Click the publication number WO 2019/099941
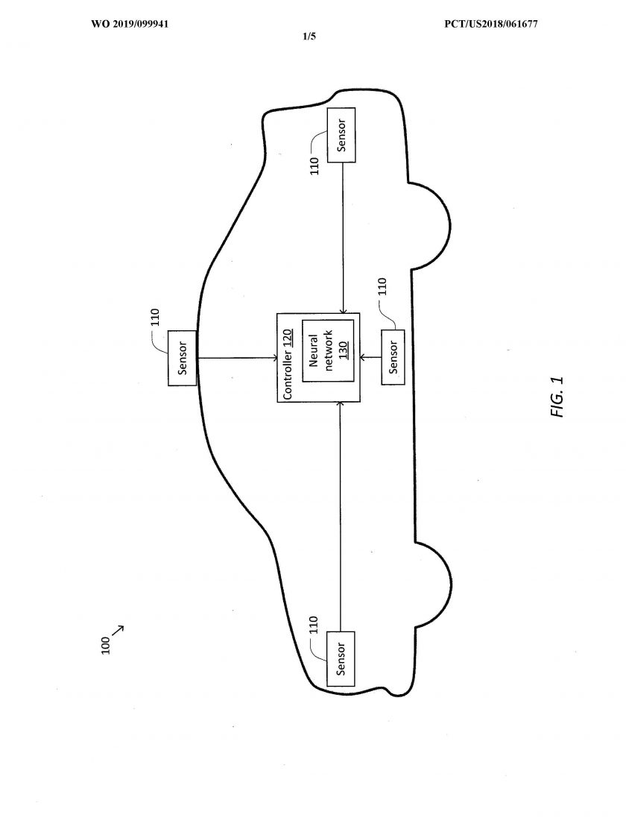click(130, 24)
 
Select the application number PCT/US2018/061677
click(491, 24)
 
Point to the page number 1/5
click(309, 37)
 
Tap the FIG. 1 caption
click(557, 397)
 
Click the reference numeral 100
click(105, 645)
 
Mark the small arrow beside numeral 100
click(118, 631)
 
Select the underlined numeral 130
click(344, 350)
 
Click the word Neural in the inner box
click(314, 350)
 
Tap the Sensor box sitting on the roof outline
click(182, 358)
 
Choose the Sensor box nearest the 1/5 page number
click(341, 135)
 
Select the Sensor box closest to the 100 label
click(341, 659)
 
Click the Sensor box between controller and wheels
click(393, 357)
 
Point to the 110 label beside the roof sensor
click(155, 318)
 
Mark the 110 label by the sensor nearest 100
click(314, 626)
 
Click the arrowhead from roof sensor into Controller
click(274, 358)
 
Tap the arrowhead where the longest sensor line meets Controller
click(341, 405)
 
